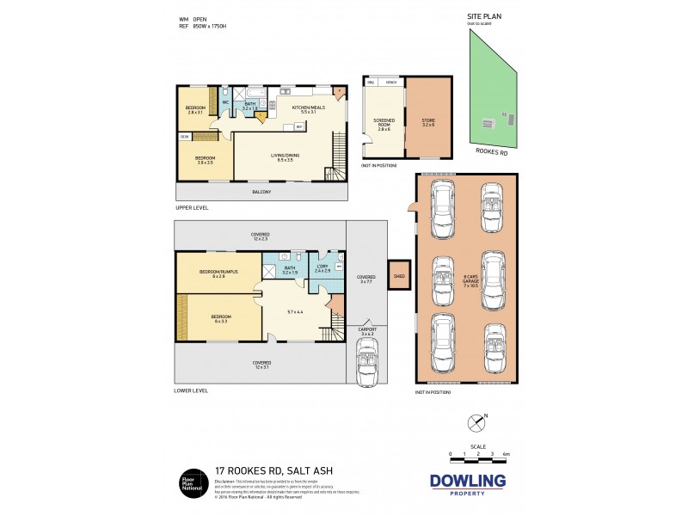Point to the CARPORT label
tap(367, 329)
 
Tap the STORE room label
tap(428, 122)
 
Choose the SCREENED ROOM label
tap(383, 126)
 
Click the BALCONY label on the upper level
tap(262, 192)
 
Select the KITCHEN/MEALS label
tap(304, 109)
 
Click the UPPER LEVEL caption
tap(192, 208)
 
